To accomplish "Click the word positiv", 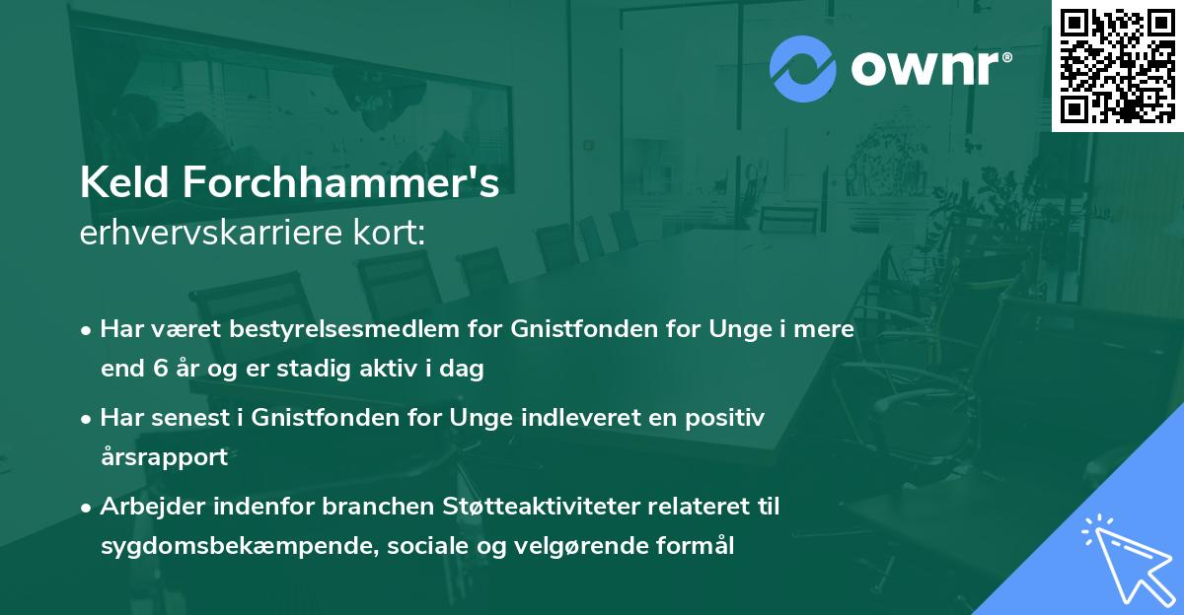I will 728,417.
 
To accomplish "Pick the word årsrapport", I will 164,457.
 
